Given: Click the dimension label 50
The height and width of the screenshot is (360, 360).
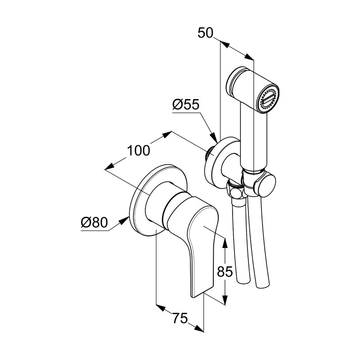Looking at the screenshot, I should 206,33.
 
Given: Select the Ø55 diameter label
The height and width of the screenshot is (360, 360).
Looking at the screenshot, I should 186,104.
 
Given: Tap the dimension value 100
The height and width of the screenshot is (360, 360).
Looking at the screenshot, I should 138,150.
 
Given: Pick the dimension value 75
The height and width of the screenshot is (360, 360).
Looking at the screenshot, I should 180,318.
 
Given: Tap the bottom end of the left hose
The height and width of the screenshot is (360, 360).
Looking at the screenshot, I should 242,282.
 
